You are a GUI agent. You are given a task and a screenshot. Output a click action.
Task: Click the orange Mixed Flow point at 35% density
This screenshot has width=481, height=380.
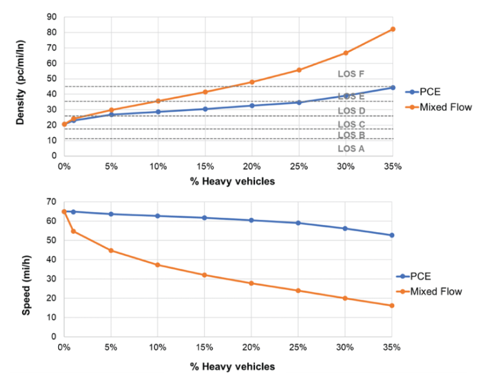point(393,29)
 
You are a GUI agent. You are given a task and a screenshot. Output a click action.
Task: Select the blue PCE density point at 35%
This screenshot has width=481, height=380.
point(393,88)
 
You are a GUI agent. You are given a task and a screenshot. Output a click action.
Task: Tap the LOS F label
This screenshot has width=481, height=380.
point(351,74)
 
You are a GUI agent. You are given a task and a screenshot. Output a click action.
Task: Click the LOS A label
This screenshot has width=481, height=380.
point(351,149)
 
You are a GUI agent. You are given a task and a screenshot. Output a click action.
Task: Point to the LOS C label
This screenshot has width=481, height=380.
point(351,124)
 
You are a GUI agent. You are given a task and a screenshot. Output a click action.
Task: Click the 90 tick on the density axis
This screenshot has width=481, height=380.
point(52,17)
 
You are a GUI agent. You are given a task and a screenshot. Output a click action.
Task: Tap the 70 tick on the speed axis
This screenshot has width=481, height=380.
point(52,201)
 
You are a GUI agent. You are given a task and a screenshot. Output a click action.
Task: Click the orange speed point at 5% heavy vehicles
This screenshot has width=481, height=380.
point(111,250)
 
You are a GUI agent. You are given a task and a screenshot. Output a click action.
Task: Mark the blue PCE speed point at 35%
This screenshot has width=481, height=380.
point(393,235)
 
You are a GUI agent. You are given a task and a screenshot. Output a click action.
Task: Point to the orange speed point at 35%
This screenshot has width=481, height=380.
point(393,305)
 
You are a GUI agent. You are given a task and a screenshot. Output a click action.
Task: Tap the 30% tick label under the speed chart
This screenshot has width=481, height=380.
point(345,348)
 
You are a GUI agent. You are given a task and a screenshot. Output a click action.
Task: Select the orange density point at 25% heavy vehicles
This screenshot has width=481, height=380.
point(299,70)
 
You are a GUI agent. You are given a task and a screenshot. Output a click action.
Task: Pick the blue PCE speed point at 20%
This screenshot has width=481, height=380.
point(252,220)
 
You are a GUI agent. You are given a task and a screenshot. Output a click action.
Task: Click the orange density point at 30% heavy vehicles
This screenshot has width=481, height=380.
point(346,53)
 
